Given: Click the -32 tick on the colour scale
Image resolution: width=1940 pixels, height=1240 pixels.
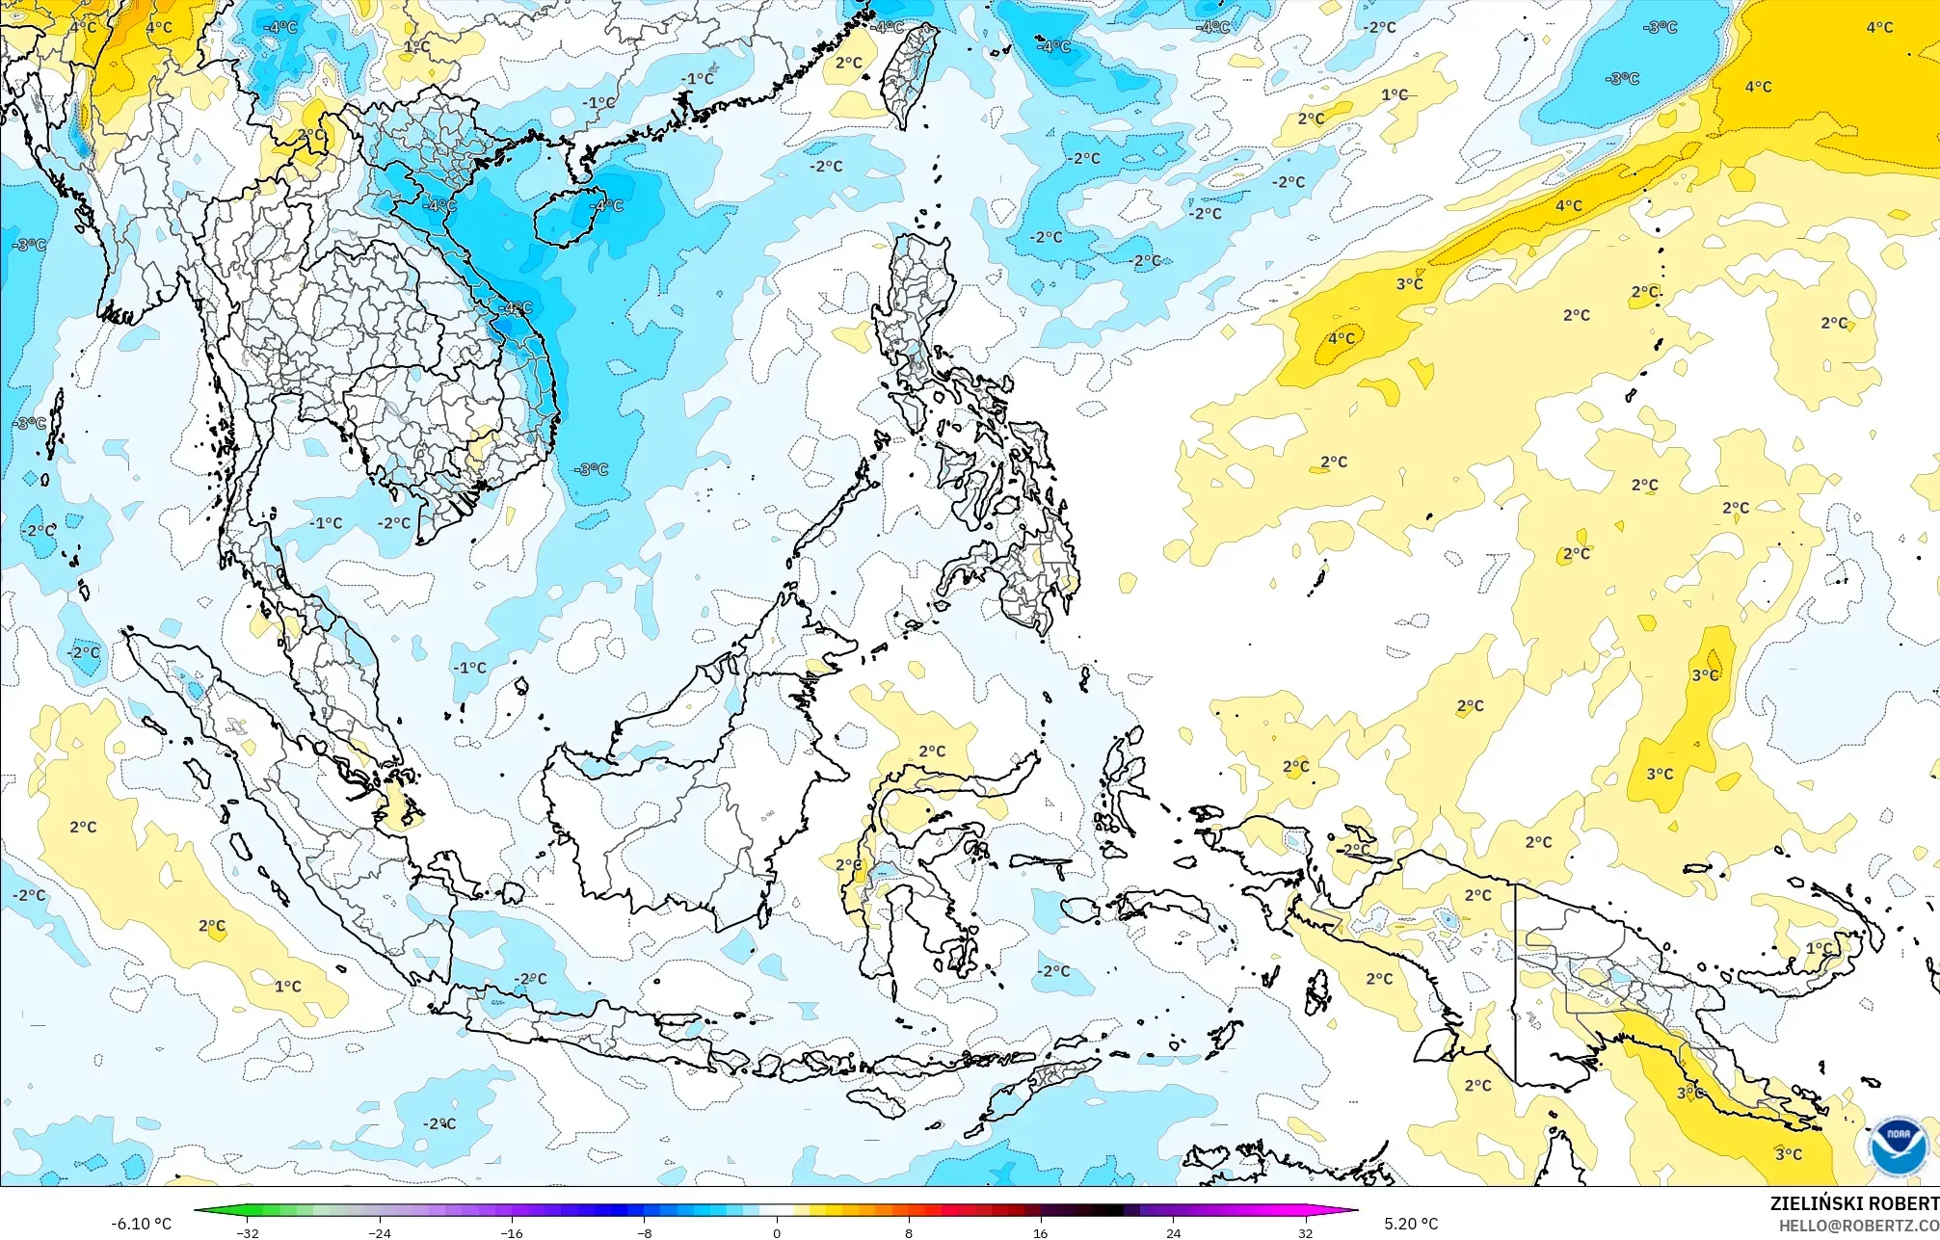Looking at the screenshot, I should click(248, 1232).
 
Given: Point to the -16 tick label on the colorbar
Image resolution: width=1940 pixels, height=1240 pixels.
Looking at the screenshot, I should click(512, 1232).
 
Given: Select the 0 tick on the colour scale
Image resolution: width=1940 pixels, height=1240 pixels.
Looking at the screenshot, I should click(777, 1232).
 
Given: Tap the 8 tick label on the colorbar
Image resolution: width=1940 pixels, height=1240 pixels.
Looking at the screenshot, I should click(909, 1232).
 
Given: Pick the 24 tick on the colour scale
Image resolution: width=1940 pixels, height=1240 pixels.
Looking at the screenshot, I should click(1173, 1232).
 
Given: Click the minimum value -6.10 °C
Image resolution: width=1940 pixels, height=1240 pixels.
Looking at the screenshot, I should click(141, 1224).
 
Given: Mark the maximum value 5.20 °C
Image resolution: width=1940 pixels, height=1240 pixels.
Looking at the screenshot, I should click(1411, 1224).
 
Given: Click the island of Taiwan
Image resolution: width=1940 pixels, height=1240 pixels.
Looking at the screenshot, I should click(910, 72).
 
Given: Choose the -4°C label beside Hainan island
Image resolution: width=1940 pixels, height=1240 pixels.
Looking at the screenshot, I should click(608, 205).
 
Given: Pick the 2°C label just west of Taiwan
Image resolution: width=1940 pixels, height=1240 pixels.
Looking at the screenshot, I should click(848, 63).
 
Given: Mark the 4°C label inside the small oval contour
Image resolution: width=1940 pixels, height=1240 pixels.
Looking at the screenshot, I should click(1341, 338).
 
